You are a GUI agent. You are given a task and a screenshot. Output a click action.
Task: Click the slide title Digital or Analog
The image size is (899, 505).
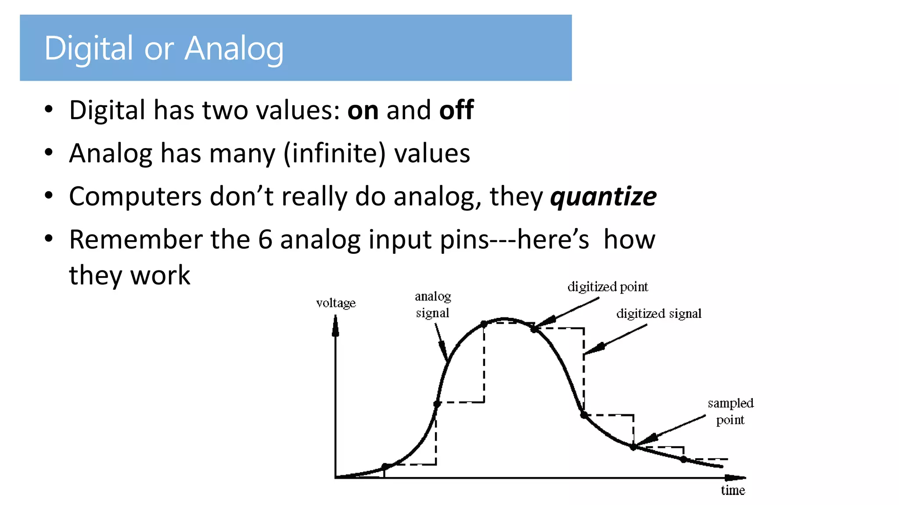164,48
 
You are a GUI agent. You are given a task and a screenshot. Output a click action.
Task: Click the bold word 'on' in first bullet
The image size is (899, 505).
363,110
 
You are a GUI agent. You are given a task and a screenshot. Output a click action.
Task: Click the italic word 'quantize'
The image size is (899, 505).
603,196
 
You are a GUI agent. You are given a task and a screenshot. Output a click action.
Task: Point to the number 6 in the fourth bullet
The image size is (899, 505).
265,240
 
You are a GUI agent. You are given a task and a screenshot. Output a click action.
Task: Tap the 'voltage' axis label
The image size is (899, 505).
336,303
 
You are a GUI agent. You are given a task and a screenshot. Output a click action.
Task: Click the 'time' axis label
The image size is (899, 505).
733,490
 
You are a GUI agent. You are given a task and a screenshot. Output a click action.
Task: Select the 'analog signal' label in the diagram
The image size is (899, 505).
433,305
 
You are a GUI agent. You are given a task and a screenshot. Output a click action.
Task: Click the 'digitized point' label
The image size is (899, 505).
608,287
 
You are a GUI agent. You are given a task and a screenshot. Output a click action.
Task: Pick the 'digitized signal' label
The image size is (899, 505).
658,313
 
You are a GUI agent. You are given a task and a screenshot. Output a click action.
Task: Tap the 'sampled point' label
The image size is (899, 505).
730,411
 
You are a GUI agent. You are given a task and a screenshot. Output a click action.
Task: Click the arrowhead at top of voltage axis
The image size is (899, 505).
335,327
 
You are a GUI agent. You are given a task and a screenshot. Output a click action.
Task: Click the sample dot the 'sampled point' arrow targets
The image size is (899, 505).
633,447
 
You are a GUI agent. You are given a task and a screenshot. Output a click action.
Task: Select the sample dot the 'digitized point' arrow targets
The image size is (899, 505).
534,329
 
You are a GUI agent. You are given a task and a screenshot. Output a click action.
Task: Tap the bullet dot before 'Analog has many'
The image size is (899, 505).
49,153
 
